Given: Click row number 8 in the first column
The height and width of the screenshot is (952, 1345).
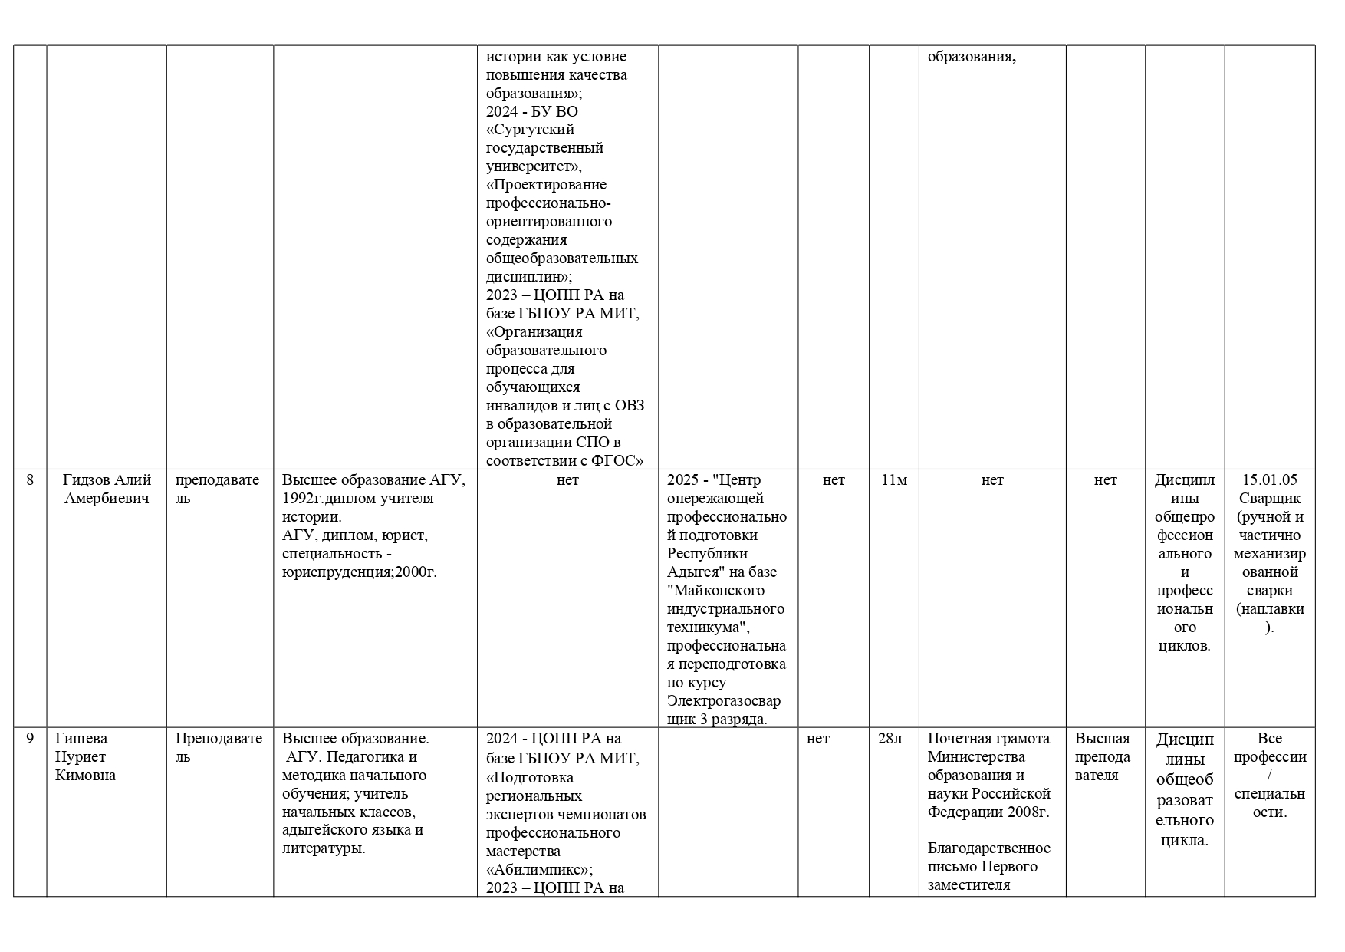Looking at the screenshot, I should (30, 480).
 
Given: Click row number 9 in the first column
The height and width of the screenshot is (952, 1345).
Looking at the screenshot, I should (30, 739).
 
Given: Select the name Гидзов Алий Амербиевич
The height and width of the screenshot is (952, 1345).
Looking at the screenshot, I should (107, 489).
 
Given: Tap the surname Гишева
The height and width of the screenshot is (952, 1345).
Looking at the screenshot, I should (81, 739).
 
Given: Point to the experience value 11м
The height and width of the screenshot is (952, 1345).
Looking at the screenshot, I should (894, 480).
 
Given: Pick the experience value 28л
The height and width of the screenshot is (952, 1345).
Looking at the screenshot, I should (890, 739).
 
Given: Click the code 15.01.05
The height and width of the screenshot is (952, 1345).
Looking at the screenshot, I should (1270, 480).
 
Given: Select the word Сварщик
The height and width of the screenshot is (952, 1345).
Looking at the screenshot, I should (1270, 499).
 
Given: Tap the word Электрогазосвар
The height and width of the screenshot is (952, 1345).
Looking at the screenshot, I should (724, 701).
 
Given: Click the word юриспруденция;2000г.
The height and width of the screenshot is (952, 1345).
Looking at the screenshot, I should (360, 572).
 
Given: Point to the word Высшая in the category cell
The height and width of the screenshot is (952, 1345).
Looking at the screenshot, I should (1102, 739).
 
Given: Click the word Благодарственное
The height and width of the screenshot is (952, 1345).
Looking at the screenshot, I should (989, 848).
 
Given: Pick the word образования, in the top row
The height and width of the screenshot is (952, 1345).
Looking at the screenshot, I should (972, 57).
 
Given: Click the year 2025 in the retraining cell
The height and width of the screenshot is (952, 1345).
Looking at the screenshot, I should (683, 480).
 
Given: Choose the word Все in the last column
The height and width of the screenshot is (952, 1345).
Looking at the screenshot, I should (1270, 739).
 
